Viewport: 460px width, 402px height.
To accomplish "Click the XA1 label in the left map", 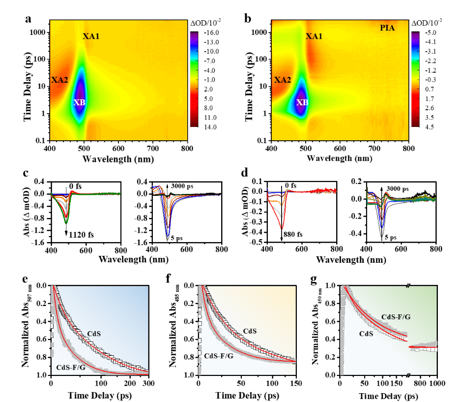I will click(91, 36).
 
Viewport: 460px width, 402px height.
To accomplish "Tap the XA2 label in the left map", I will click(59, 80).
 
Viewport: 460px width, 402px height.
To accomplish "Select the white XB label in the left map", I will click(80, 102).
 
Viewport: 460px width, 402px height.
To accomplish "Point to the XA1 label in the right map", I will click(314, 36).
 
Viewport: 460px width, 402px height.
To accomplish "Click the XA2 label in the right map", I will click(283, 80).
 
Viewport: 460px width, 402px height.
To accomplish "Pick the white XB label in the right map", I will click(302, 102).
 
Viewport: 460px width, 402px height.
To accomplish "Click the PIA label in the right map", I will click(387, 28).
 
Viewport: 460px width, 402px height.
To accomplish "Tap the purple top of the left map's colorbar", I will click(194, 36).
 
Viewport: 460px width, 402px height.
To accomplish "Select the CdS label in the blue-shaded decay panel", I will click(94, 334).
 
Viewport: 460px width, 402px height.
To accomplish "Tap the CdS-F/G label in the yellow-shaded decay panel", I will click(219, 356).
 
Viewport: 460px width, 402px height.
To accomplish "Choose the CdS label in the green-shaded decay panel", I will click(366, 334).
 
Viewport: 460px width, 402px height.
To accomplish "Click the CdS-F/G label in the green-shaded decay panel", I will click(396, 317).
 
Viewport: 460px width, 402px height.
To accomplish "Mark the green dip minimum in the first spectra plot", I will click(66, 223).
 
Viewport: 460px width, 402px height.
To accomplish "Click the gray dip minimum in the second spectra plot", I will click(168, 239).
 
